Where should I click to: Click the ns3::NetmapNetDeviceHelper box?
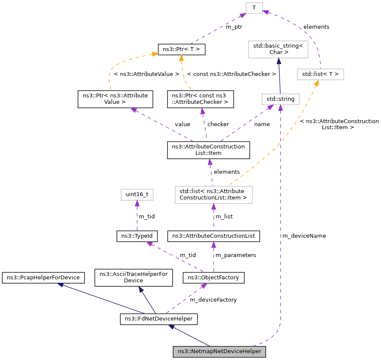[219, 351]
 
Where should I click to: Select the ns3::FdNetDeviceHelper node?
[159, 319]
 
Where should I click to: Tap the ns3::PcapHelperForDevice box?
[43, 277]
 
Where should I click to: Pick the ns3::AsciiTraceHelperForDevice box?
[133, 277]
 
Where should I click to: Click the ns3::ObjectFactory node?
[213, 278]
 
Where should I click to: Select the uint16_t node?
[136, 194]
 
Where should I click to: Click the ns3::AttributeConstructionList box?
[213, 236]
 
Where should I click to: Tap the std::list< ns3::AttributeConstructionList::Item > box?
[213, 194]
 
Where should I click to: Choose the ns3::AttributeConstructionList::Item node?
[208, 150]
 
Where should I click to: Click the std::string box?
[280, 99]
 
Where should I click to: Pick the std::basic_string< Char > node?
[279, 49]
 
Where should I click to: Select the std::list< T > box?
[321, 74]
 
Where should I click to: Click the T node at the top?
[254, 7]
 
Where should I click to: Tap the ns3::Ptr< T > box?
[182, 49]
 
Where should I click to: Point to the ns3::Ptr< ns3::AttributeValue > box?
[114, 99]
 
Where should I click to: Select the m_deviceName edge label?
[304, 236]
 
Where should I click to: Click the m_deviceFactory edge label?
[213, 299]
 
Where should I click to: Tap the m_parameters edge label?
[235, 255]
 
